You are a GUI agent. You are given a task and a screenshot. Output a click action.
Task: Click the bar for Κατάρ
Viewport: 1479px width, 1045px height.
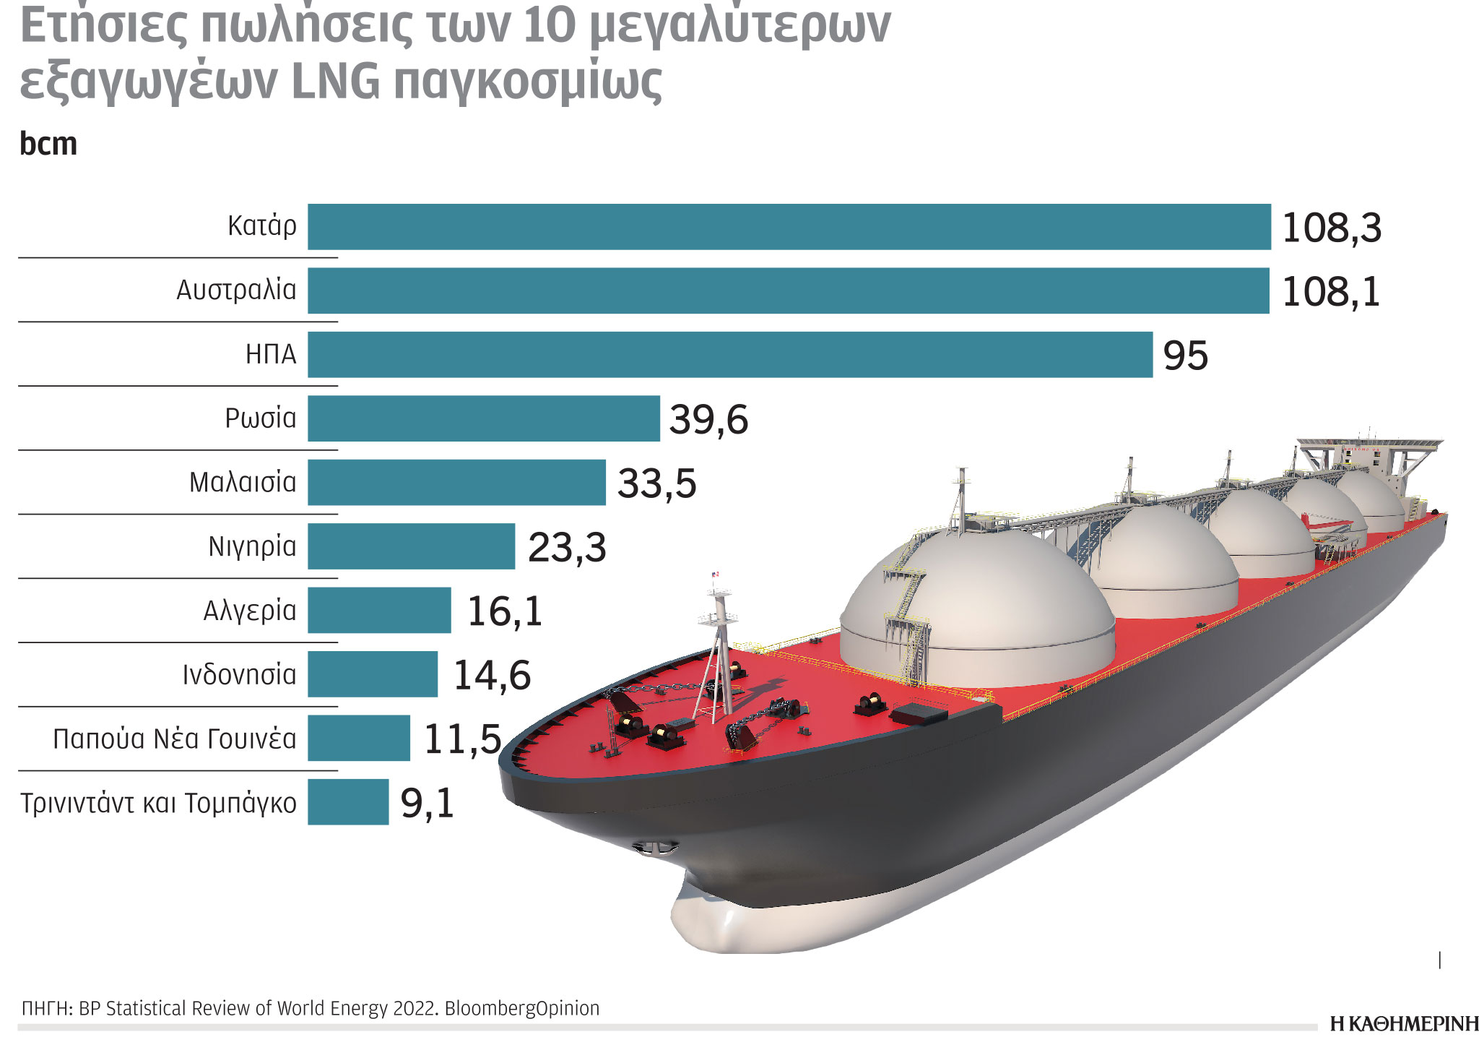point(789,227)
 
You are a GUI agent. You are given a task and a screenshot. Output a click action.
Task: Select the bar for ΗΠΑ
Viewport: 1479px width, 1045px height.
point(729,355)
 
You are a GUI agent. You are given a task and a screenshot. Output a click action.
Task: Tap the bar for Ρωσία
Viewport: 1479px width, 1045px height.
point(483,418)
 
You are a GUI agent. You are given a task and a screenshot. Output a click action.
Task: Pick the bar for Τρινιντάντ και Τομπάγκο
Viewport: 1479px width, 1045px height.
point(348,802)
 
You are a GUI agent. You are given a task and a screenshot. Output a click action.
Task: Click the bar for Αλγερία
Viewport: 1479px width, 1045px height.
point(379,611)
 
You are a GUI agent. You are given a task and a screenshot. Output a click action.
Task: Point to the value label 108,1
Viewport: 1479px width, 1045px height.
point(1331,292)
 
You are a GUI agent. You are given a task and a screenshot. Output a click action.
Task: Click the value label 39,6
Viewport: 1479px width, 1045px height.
point(708,420)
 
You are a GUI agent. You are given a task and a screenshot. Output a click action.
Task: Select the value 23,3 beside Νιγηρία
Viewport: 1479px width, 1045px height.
point(567,548)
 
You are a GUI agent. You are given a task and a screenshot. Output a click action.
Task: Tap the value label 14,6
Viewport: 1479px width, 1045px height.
point(492,676)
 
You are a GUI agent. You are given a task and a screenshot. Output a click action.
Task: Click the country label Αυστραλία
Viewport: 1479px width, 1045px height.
point(236,291)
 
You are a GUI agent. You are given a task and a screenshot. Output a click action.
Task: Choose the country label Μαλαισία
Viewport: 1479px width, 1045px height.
point(243,483)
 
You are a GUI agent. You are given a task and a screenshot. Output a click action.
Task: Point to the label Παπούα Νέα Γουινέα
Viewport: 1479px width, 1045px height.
point(175,739)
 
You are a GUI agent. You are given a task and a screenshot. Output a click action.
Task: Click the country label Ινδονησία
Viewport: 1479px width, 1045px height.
point(239,675)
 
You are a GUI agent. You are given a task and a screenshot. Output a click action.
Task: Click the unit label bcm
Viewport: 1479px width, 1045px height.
point(48,144)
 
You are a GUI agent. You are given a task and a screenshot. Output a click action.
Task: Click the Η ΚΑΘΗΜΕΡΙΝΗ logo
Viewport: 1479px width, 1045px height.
point(1403,1024)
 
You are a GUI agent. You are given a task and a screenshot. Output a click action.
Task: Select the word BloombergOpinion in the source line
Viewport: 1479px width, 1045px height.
point(522,1009)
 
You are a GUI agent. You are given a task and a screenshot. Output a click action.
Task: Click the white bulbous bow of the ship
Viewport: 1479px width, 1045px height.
point(729,921)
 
